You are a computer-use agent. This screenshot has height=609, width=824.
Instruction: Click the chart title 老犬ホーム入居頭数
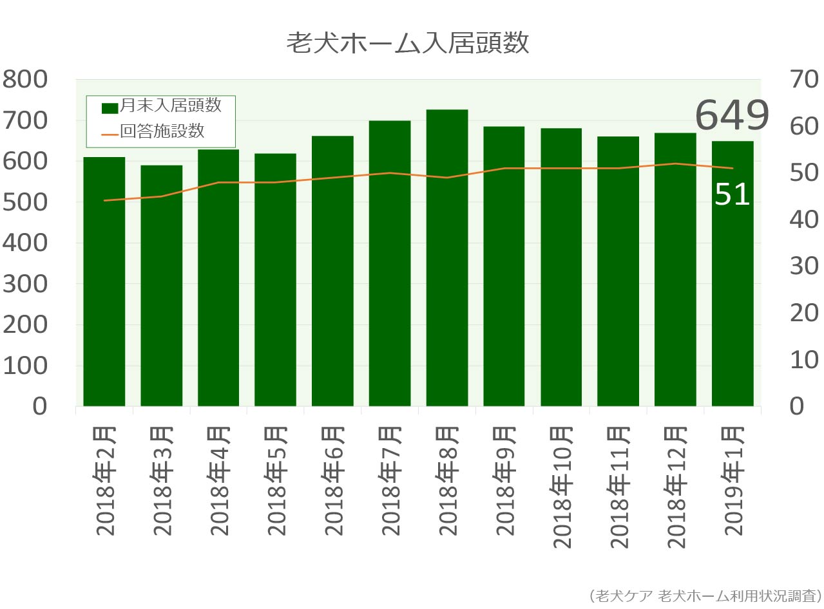click(407, 44)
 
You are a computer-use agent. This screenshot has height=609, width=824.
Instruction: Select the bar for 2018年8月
click(447, 258)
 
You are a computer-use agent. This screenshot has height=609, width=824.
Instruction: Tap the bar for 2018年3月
click(161, 286)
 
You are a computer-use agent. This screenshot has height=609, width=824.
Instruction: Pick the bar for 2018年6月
click(332, 271)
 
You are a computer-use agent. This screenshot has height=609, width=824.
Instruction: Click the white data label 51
click(733, 194)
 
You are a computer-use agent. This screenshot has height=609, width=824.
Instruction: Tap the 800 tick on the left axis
click(25, 80)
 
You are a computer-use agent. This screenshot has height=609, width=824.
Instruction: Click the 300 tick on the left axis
click(25, 284)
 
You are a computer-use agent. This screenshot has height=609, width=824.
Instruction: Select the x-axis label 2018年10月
click(562, 487)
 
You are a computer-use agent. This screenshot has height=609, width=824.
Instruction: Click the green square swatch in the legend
click(110, 108)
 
